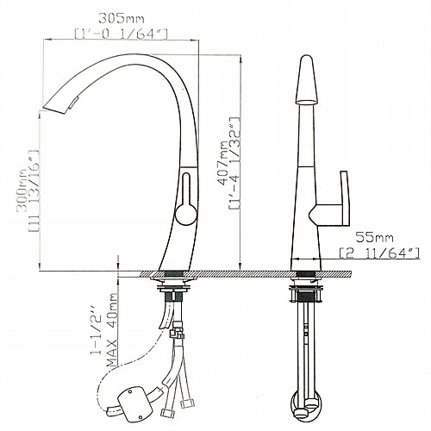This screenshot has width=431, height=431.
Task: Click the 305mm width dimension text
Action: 122,19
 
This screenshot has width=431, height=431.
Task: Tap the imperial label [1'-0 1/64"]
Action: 121,34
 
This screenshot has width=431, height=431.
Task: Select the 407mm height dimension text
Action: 223,163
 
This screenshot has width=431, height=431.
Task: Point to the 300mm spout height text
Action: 22,191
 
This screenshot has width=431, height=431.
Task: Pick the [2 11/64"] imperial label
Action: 379,253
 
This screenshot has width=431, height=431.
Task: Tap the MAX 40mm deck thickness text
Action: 112,330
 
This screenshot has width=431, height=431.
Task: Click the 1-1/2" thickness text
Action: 97,334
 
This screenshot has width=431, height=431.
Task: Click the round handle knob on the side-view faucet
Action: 186,214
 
